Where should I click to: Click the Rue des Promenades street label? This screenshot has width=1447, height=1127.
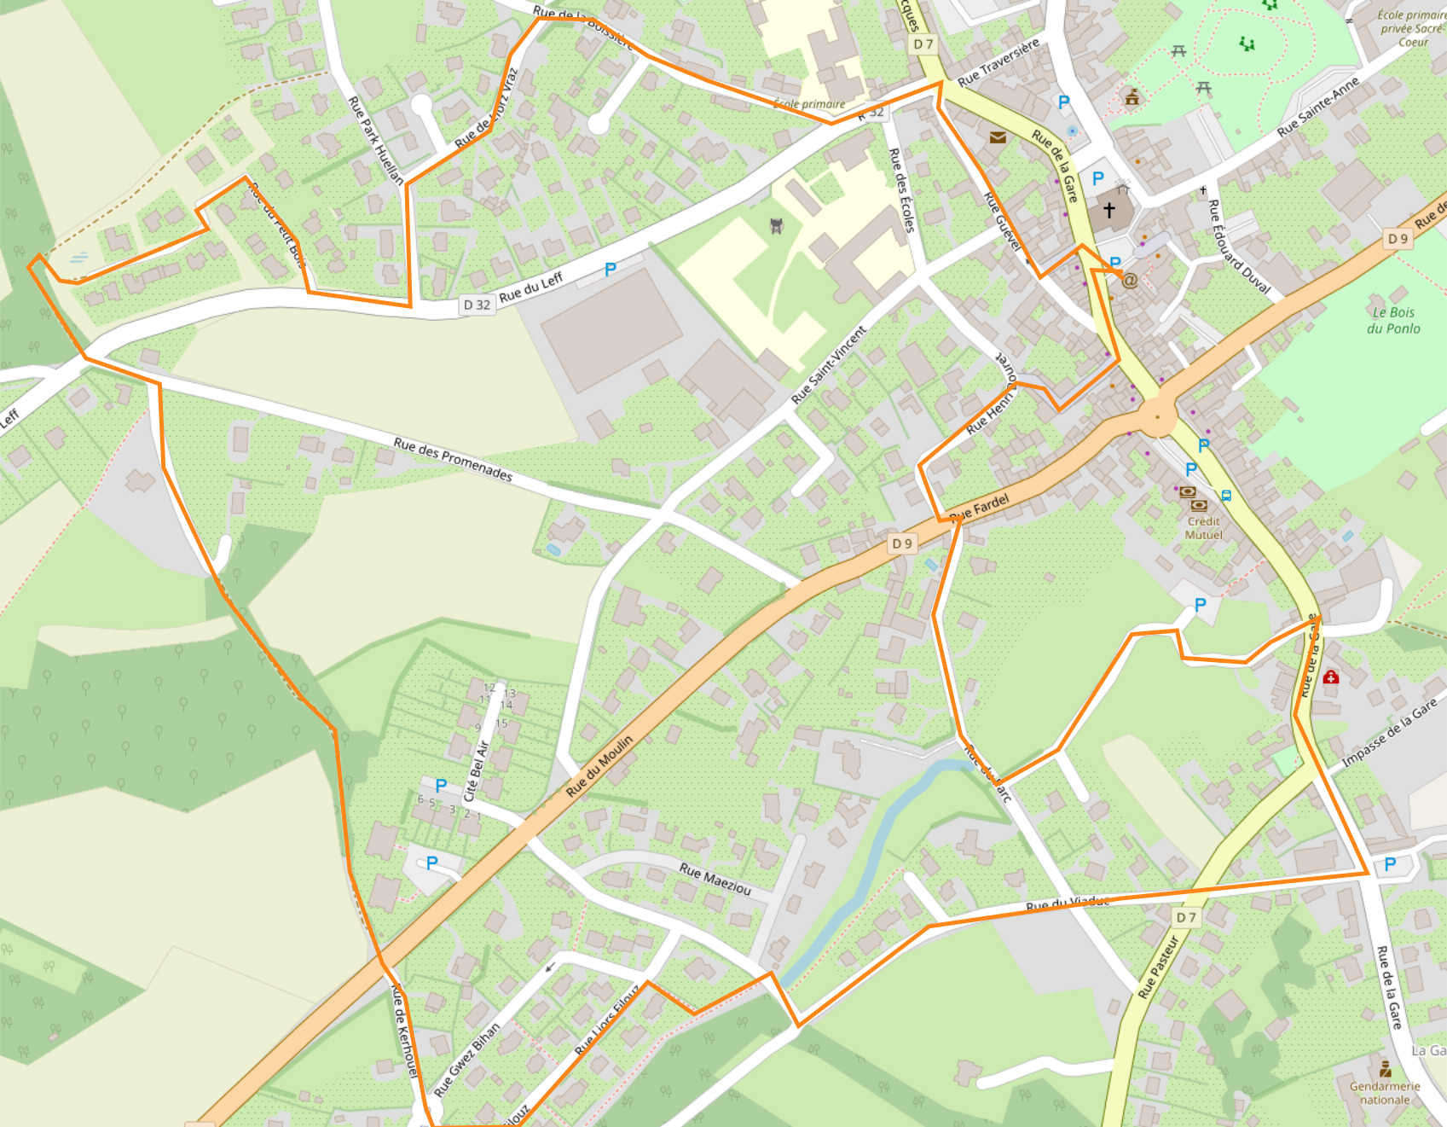click(453, 460)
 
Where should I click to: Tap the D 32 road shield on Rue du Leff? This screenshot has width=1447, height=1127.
click(477, 305)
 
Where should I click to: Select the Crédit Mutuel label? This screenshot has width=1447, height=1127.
click(1203, 528)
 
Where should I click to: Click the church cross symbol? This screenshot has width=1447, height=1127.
click(1108, 209)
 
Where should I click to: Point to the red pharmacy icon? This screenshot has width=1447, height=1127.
click(1330, 677)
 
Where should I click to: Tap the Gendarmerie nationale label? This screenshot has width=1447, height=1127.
click(1385, 1093)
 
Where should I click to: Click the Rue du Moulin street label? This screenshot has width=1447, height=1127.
click(600, 765)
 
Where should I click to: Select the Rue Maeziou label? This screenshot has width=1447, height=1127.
click(715, 879)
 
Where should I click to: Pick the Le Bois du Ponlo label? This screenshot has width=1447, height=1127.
click(1393, 320)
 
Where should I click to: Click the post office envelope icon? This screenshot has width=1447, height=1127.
click(997, 137)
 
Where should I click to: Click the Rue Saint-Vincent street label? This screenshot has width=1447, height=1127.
click(829, 364)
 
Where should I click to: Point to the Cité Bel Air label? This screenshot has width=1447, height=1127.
click(476, 771)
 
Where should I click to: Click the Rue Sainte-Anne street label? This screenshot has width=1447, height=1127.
click(1318, 107)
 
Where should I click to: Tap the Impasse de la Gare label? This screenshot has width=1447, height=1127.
click(1388, 733)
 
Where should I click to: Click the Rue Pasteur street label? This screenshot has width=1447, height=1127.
click(1159, 967)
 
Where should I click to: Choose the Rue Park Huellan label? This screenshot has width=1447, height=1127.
click(376, 141)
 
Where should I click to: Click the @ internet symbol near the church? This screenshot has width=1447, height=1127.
click(1130, 280)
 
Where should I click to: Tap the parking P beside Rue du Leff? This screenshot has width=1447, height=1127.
click(610, 270)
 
